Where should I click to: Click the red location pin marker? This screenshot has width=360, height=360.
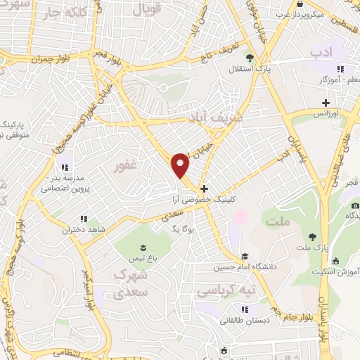pos(181,165)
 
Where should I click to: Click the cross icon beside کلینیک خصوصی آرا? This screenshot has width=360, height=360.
pos(204,188)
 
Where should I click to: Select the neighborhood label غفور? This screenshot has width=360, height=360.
pos(125,167)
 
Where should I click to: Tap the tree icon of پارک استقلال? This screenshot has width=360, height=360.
pos(249,57)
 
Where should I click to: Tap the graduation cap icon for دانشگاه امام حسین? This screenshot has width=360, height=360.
pos(244,257)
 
